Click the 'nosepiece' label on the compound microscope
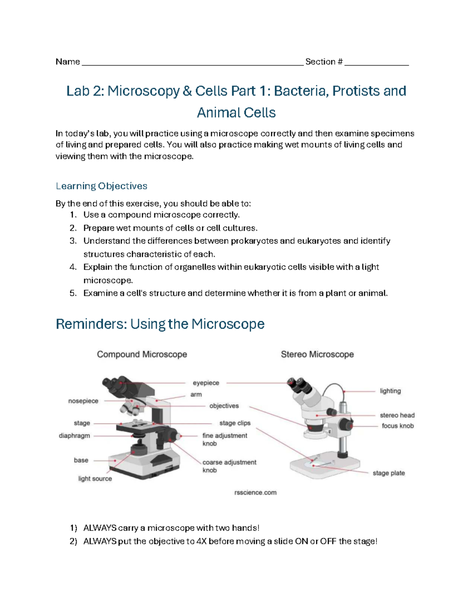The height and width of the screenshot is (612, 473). pyautogui.click(x=83, y=401)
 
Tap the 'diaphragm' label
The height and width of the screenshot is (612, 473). pyautogui.click(x=74, y=435)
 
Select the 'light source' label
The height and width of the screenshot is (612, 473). pyautogui.click(x=95, y=478)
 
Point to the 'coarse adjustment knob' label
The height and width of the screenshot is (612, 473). pyautogui.click(x=229, y=466)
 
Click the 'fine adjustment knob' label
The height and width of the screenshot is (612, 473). pyautogui.click(x=225, y=439)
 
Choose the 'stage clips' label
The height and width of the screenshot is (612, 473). pyautogui.click(x=235, y=423)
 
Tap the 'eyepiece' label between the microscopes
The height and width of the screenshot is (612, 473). pyautogui.click(x=206, y=383)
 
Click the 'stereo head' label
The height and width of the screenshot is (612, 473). pyautogui.click(x=397, y=415)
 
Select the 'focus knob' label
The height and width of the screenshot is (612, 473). pyautogui.click(x=397, y=426)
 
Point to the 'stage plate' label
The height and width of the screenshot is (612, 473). pyautogui.click(x=389, y=473)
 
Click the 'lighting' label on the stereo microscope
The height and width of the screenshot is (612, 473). pyautogui.click(x=390, y=391)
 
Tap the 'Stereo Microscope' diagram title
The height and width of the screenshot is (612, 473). pyautogui.click(x=317, y=354)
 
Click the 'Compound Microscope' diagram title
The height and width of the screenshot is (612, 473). pyautogui.click(x=142, y=354)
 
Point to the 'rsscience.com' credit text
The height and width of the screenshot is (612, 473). pyautogui.click(x=255, y=492)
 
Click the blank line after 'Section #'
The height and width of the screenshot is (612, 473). pyautogui.click(x=376, y=63)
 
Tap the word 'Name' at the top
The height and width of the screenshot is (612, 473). pyautogui.click(x=67, y=61)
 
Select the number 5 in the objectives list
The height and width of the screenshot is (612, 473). pyautogui.click(x=72, y=293)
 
